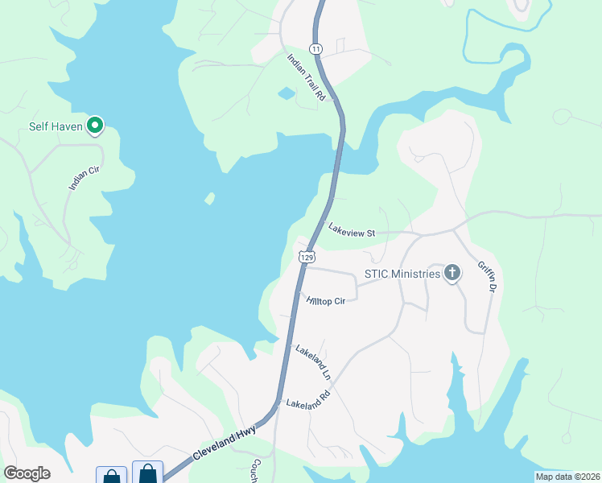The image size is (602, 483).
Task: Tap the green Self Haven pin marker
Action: [96, 125]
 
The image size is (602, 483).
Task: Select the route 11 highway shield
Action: [316, 50]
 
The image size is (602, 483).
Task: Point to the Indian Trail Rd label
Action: [307, 77]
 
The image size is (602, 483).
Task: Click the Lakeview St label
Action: [352, 229]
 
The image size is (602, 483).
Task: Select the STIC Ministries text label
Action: [402, 274]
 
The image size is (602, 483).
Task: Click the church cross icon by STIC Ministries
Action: [452, 273]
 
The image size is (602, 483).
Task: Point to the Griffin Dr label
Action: [488, 276]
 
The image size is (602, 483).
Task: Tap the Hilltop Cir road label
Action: [326, 301]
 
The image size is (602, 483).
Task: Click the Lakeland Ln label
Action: [313, 362]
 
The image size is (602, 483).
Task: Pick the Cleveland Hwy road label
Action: [225, 444]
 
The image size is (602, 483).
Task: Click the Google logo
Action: [27, 473]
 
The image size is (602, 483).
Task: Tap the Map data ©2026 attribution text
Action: [567, 477]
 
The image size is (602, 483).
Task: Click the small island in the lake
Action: [210, 198]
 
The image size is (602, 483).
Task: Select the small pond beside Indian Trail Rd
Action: [286, 94]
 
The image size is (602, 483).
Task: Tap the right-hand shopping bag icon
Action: [147, 473]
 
